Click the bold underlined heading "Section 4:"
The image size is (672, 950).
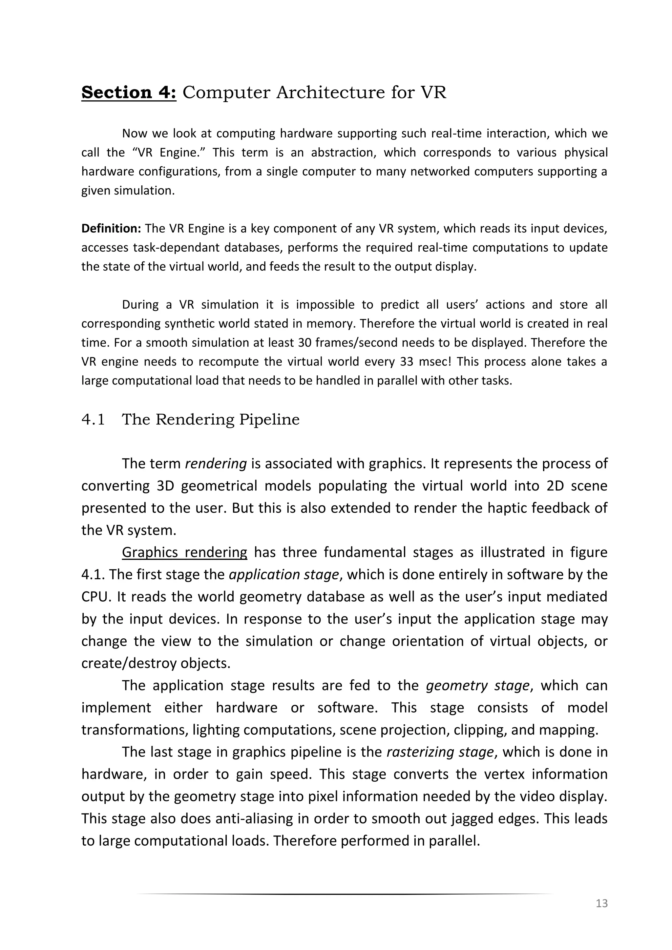129,92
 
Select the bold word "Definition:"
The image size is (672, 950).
111,228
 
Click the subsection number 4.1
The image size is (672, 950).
93,419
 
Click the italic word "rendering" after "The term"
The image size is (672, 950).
216,464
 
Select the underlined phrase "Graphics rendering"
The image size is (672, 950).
184,552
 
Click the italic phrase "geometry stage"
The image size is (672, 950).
477,685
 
